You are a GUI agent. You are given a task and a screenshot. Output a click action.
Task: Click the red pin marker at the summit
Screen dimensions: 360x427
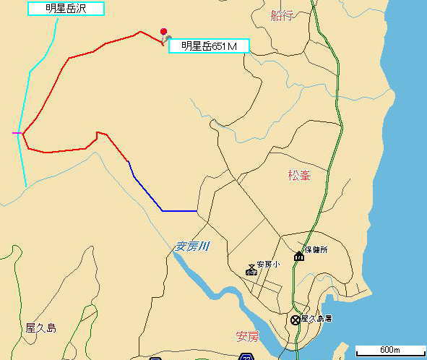[164, 32]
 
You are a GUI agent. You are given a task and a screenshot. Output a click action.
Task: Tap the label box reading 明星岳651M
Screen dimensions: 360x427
[209, 47]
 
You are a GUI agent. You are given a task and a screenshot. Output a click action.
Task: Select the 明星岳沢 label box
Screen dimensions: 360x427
[66, 9]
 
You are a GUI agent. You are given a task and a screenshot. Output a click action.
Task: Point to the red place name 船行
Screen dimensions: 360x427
[281, 15]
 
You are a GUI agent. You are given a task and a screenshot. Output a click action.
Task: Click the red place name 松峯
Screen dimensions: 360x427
[299, 175]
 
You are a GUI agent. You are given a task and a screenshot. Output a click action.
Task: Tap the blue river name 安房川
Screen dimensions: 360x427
[192, 247]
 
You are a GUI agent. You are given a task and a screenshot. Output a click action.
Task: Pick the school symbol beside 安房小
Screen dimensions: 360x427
[251, 270]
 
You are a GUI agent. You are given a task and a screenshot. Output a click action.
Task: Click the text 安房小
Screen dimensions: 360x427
[267, 265]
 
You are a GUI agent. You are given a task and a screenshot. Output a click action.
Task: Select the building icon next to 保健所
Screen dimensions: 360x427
[298, 255]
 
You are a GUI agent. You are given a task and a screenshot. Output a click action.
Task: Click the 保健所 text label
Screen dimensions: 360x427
[316, 249]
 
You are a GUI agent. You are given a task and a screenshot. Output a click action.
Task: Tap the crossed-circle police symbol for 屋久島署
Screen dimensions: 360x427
[295, 320]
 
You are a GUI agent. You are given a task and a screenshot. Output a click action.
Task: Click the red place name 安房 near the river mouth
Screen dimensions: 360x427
[246, 336]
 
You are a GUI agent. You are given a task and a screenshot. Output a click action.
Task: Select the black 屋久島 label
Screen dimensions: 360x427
[40, 327]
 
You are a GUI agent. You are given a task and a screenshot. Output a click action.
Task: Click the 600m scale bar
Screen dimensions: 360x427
[389, 350]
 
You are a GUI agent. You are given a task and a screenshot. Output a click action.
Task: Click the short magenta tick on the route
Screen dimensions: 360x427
[17, 133]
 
